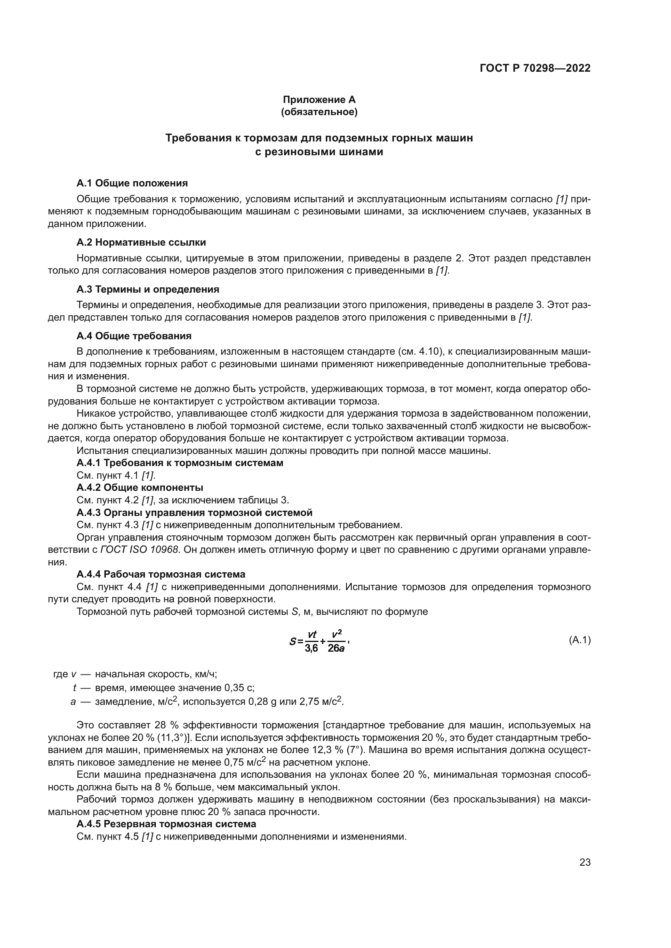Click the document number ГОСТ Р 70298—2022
point(535,68)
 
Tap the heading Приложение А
point(319,100)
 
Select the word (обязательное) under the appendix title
point(319,112)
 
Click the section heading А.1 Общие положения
point(132,183)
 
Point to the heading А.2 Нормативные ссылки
point(141,242)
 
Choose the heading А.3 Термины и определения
point(148,289)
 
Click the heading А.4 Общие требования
point(134,336)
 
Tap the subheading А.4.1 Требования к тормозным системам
point(180,463)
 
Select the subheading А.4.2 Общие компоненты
point(140,488)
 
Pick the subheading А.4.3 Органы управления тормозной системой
point(195,512)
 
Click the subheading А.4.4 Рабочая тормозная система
point(161,574)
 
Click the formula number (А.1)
point(580,640)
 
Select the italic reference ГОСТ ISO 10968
point(140,550)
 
